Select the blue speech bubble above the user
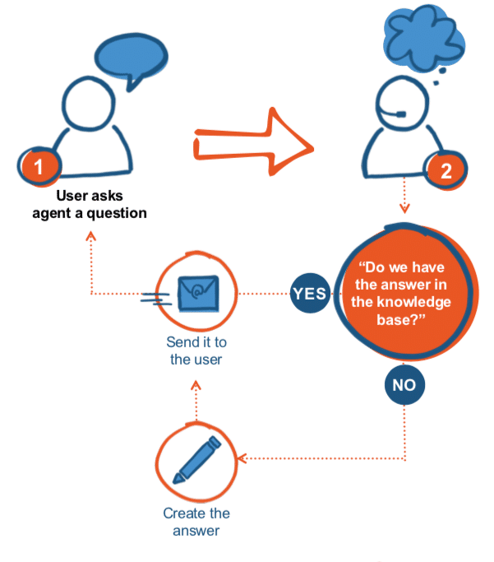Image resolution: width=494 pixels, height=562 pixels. pyautogui.click(x=130, y=58)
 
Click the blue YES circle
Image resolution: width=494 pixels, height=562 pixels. pyautogui.click(x=309, y=293)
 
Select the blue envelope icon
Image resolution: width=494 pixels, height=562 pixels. pyautogui.click(x=199, y=290)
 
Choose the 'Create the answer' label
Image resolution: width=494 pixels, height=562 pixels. pyautogui.click(x=196, y=522)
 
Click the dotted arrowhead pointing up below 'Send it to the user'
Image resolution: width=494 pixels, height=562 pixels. pyautogui.click(x=197, y=383)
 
